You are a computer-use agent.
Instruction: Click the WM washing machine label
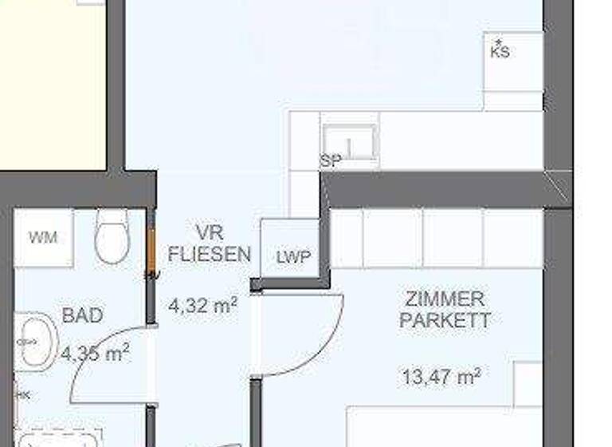[x=43, y=237]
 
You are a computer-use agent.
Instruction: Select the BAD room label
[x=82, y=315]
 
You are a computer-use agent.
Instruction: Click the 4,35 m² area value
[x=95, y=352]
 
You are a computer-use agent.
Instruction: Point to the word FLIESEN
[x=210, y=255]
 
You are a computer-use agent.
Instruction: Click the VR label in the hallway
[x=210, y=233]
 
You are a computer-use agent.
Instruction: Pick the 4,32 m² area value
[x=202, y=304]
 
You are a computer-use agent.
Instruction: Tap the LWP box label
[x=292, y=257]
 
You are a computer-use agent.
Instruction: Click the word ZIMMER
[x=445, y=299]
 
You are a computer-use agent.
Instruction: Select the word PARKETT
[x=445, y=320]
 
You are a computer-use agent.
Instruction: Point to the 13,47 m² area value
[x=442, y=375]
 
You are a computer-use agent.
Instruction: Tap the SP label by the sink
[x=331, y=160]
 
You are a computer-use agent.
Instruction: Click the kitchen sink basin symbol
[x=350, y=141]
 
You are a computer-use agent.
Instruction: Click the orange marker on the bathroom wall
[x=149, y=251]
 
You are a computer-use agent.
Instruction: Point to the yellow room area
[x=53, y=88]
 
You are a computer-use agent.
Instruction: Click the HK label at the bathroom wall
[x=24, y=394]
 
